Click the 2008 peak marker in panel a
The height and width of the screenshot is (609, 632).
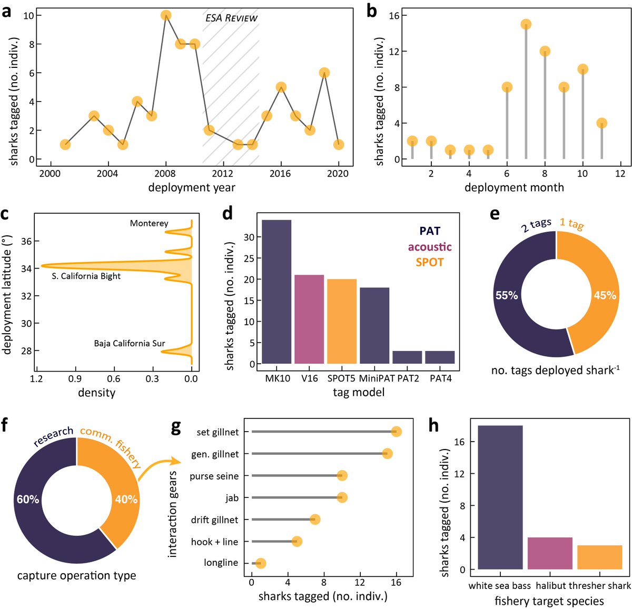(166, 15)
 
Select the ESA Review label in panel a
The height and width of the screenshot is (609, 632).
(231, 18)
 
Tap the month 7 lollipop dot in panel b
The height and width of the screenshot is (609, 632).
(526, 24)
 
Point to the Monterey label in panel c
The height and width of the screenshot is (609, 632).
(149, 224)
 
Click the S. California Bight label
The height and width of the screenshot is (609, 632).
(86, 276)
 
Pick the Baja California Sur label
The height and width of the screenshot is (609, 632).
(130, 344)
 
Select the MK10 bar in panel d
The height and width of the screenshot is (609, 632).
(276, 292)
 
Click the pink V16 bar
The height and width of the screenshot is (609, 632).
(309, 319)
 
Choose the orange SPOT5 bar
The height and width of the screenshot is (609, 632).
(342, 321)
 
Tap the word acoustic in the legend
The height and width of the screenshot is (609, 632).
(430, 247)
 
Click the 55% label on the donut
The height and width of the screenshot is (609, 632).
(507, 296)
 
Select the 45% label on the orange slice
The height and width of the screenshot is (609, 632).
(605, 296)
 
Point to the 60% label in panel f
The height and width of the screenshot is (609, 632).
(28, 500)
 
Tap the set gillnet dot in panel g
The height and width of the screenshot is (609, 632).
(396, 432)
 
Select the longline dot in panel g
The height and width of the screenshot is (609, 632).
(261, 563)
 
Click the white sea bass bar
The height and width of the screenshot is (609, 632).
(500, 497)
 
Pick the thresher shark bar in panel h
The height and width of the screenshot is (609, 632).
(599, 557)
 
